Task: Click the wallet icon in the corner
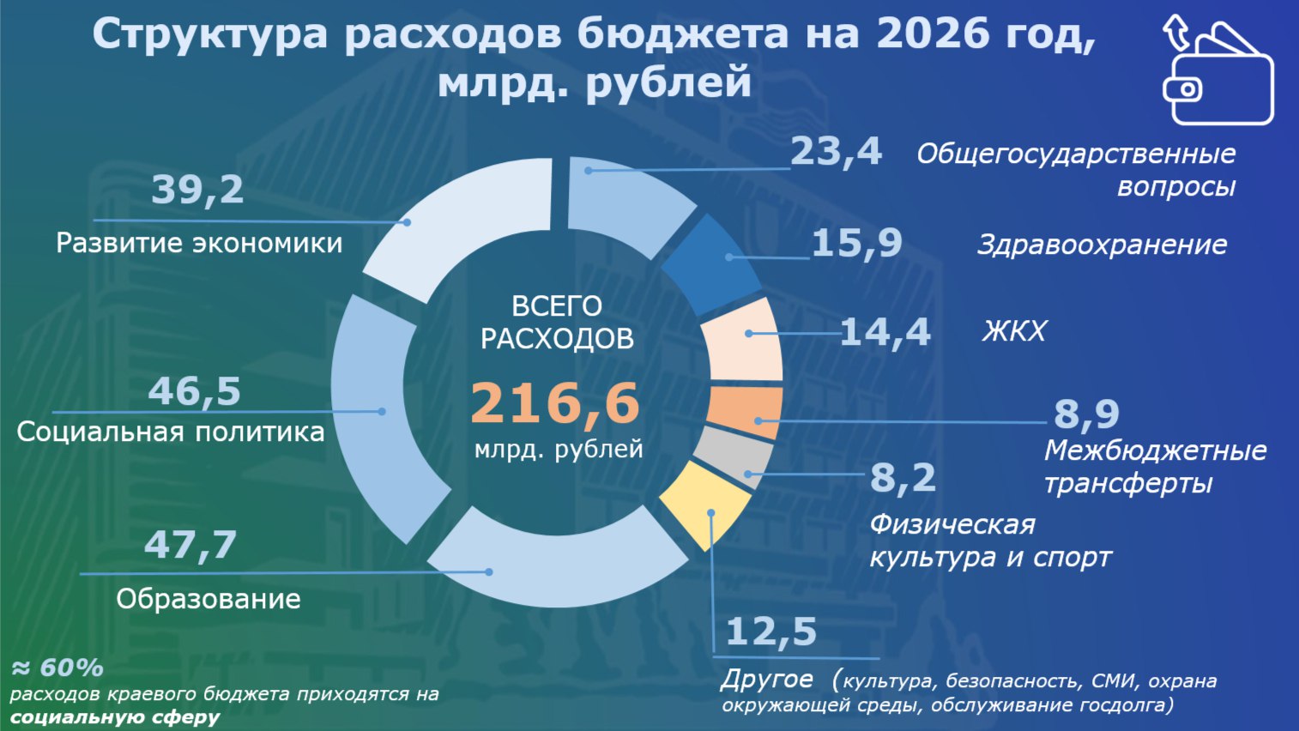point(1217,73)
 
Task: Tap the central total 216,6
point(555,402)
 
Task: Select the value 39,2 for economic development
point(197,190)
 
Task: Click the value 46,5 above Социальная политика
point(194,391)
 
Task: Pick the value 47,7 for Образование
point(190,545)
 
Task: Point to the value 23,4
point(835,152)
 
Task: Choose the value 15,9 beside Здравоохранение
point(856,243)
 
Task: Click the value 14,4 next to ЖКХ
point(885,332)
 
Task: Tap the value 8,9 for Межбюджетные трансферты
point(1086,414)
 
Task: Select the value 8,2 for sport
point(903,477)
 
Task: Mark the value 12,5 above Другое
point(770,632)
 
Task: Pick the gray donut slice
point(733,456)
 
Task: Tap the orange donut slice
point(744,412)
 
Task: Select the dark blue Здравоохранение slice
point(710,263)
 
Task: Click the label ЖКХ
point(1014,331)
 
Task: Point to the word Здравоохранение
point(1102,245)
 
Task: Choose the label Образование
point(208,599)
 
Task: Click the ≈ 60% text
point(57,668)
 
